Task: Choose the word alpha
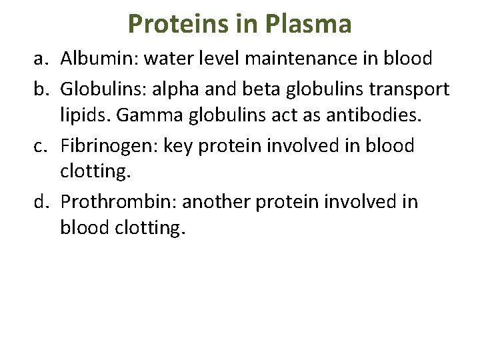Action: tap(183, 90)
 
